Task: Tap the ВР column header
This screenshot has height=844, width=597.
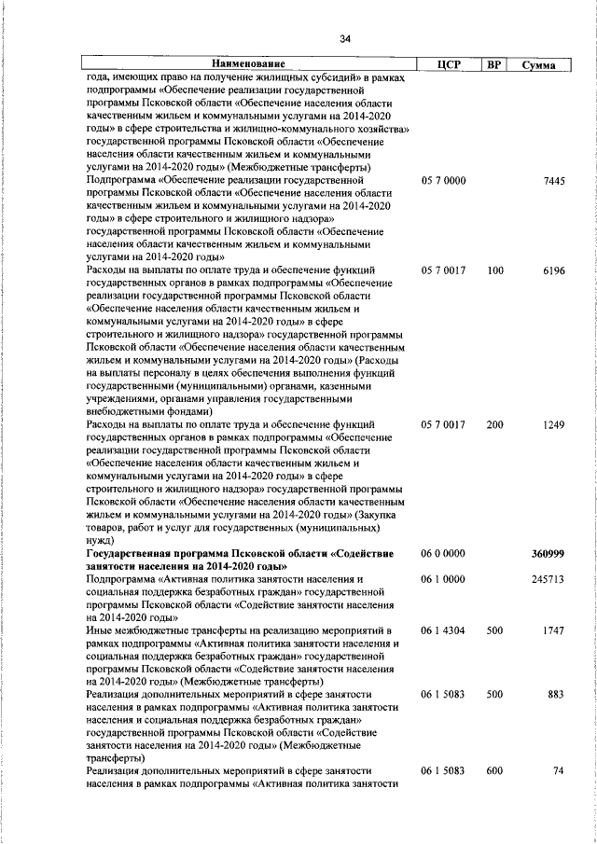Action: pyautogui.click(x=494, y=64)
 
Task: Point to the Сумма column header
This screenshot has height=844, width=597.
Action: pyautogui.click(x=540, y=64)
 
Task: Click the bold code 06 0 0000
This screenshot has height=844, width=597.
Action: pyautogui.click(x=443, y=554)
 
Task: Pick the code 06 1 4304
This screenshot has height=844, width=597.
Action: pyautogui.click(x=443, y=631)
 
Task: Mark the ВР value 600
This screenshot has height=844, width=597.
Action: pyautogui.click(x=494, y=771)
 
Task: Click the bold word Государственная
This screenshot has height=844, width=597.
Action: pyautogui.click(x=132, y=554)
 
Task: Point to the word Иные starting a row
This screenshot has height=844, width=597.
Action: pyautogui.click(x=98, y=631)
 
